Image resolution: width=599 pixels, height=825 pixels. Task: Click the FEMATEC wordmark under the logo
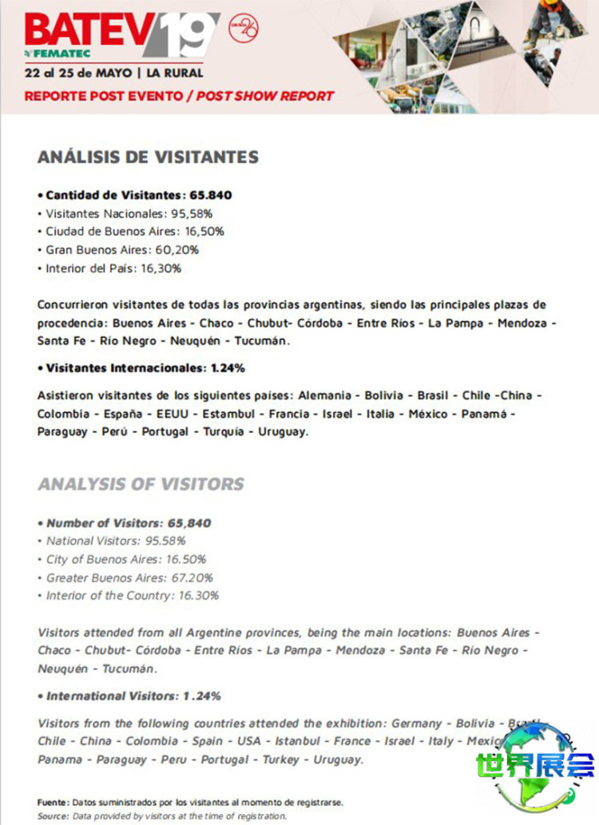click(54, 54)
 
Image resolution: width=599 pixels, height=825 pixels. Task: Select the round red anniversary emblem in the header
click(243, 28)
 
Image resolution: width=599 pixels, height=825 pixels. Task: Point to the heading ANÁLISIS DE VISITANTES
click(148, 157)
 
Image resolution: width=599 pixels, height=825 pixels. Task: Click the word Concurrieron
click(73, 305)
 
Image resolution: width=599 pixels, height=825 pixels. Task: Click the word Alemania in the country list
click(325, 396)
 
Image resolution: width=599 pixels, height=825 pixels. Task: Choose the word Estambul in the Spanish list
click(228, 414)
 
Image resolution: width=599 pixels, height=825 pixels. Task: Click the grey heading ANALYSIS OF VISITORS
click(141, 484)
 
